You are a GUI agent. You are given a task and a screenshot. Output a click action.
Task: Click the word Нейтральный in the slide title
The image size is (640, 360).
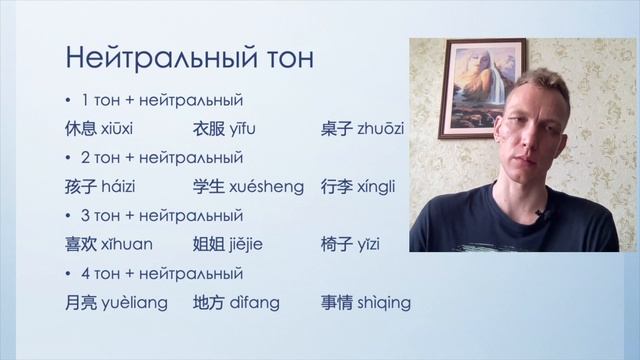(160, 57)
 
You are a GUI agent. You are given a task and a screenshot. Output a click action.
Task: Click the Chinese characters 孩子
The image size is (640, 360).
(79, 187)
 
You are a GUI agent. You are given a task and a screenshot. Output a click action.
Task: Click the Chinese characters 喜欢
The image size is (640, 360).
(79, 244)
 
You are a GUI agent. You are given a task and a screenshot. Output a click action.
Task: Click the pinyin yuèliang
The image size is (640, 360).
(136, 302)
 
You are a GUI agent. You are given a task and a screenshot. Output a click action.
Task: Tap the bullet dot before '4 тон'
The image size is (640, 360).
(66, 273)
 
